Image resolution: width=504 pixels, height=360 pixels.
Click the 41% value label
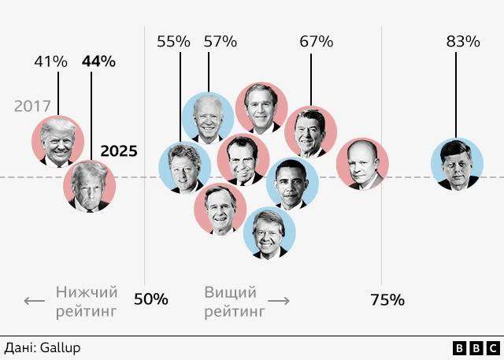[x=50, y=61]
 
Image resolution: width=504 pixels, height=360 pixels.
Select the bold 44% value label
[x=98, y=61]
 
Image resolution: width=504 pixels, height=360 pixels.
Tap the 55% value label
[x=173, y=42]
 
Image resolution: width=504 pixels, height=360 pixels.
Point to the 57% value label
[x=220, y=42]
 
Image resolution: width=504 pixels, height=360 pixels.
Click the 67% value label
[x=316, y=42]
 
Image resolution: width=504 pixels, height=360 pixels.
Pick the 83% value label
[x=462, y=42]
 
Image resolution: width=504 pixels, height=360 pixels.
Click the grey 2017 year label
[x=32, y=106]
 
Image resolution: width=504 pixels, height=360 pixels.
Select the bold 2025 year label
[x=119, y=150]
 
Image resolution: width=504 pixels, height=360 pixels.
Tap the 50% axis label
[x=150, y=299]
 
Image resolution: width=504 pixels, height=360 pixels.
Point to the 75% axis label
[x=387, y=299]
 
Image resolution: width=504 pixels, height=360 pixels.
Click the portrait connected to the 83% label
[x=457, y=165]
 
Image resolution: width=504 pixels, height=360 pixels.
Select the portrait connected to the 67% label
[x=310, y=132]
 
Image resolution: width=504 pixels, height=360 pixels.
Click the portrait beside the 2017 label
[x=57, y=142]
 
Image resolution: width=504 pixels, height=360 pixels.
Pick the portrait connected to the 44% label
[x=90, y=186]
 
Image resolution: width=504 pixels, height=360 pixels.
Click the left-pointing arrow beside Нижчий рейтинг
[x=34, y=301]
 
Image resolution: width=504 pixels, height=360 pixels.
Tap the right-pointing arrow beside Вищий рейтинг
[x=279, y=301]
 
